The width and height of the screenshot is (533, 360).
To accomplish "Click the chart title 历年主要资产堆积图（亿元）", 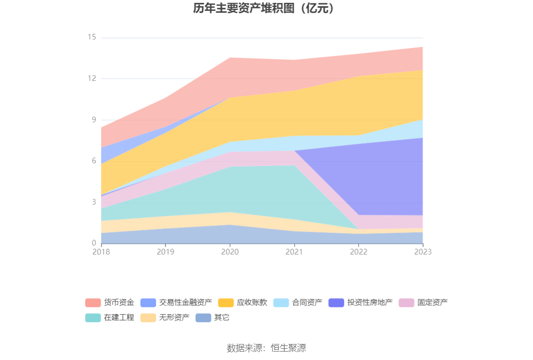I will (266, 8).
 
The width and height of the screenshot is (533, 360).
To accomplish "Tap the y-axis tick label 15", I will (92, 37).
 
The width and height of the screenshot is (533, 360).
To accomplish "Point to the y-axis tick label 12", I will (92, 78).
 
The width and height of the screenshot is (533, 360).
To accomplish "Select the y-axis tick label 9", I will (94, 120).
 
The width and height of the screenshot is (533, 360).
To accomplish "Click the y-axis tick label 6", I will (94, 161).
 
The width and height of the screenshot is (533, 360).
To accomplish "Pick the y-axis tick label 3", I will (94, 202).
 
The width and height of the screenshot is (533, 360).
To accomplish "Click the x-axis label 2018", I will (101, 252).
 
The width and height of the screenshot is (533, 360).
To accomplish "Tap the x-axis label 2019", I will (165, 252).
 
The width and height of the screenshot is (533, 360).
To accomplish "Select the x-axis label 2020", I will (230, 252).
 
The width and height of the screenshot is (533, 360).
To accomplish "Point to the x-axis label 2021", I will (294, 252).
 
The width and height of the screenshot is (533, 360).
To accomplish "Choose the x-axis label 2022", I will (359, 252).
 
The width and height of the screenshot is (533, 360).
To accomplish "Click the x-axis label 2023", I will (423, 252).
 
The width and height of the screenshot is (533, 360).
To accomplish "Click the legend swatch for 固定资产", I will (407, 302).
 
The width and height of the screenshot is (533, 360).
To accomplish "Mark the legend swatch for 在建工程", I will (93, 317).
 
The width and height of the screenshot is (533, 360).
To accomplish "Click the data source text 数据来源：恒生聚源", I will (266, 348).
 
